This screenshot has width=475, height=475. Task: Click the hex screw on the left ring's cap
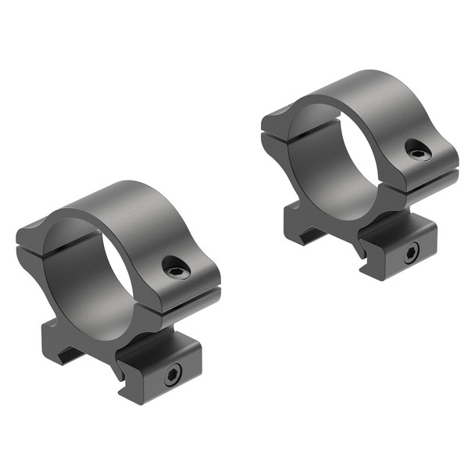[176, 271]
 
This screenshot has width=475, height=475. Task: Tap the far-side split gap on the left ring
[35, 242]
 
